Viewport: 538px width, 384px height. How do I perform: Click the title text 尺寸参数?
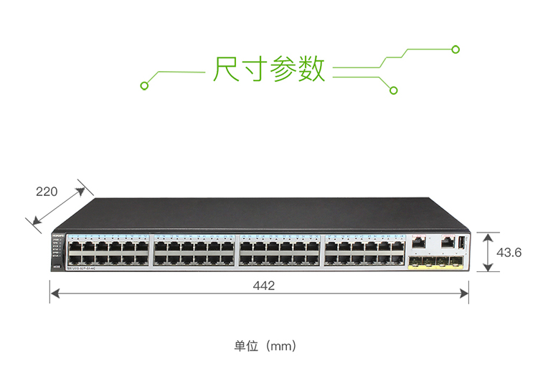click(x=269, y=69)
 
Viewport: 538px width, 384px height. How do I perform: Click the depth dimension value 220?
click(x=47, y=192)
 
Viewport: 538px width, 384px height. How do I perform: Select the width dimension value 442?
click(x=263, y=286)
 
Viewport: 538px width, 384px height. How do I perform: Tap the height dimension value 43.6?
click(x=509, y=252)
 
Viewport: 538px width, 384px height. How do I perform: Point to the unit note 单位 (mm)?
click(x=265, y=346)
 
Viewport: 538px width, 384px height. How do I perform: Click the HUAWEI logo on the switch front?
click(x=59, y=235)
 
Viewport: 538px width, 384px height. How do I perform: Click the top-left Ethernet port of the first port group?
click(x=74, y=246)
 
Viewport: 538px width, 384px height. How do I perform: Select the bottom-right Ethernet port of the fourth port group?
click(x=398, y=260)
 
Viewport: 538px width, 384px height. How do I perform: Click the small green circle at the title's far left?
click(x=144, y=86)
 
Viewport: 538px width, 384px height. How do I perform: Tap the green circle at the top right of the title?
click(x=455, y=49)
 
